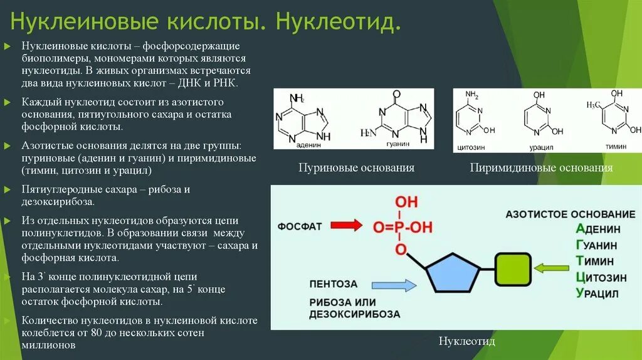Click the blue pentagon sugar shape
tap(453, 273)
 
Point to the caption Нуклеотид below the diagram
tap(466, 341)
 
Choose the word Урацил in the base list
tap(597, 294)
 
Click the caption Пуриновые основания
tap(356, 168)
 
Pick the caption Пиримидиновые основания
tap(541, 168)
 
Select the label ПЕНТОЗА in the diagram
tap(333, 284)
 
